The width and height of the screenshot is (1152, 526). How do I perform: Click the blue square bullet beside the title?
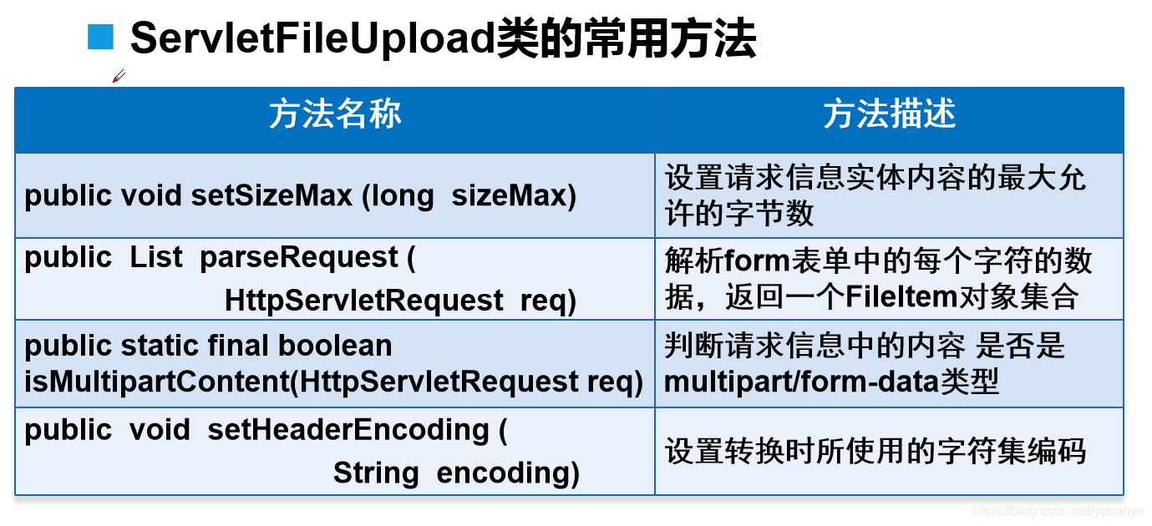(100, 38)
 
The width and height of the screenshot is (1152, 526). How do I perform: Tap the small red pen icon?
(119, 76)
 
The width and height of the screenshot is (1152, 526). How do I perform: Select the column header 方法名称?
(335, 114)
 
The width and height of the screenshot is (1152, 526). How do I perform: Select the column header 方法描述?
(889, 114)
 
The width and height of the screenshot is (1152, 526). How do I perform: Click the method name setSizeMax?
(272, 196)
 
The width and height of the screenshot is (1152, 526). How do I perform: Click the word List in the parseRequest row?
(156, 257)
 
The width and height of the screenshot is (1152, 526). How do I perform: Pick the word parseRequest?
(299, 257)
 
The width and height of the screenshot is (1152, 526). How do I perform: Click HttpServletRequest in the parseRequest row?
(364, 301)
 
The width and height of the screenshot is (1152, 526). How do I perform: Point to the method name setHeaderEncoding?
(348, 429)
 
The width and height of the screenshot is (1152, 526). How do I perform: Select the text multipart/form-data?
(802, 382)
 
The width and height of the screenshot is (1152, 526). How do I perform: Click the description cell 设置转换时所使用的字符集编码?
(875, 452)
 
